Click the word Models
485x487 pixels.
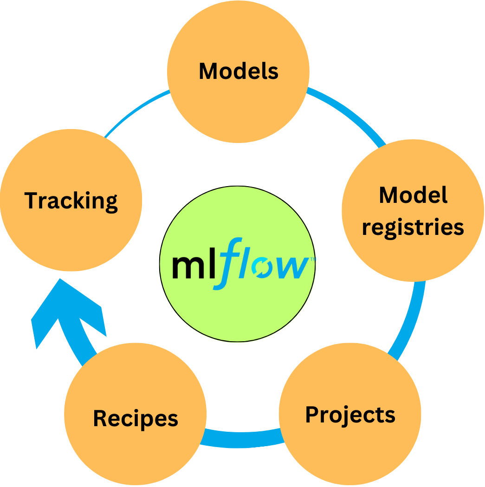(239, 71)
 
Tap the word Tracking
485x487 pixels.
(71, 201)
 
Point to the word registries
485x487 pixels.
(413, 227)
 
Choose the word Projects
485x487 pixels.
(350, 415)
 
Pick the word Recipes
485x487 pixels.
(136, 418)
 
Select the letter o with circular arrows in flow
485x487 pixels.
(260, 269)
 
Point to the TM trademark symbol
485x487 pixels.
(312, 260)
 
